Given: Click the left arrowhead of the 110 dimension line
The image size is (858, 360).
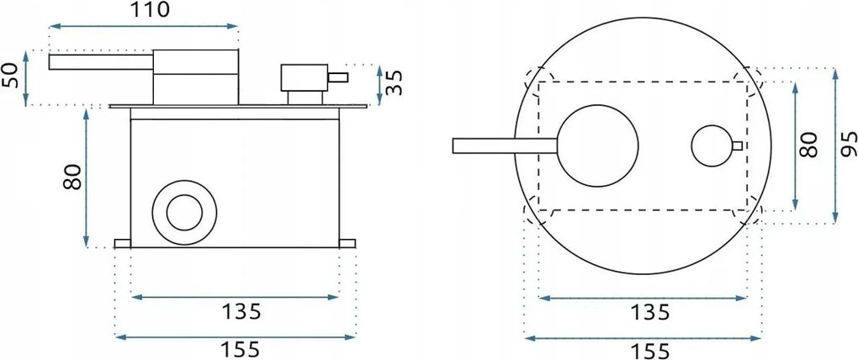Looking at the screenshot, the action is tap(53, 26).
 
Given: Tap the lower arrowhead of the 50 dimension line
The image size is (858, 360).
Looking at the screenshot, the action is tap(26, 101).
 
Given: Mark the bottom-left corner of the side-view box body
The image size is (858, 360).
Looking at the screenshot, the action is tap(130, 248).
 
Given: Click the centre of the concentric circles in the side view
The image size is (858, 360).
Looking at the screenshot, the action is tap(184, 212).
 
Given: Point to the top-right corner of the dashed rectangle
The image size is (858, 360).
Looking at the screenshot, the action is tap(748, 82).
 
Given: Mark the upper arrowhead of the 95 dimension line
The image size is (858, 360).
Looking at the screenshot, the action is tap(834, 73).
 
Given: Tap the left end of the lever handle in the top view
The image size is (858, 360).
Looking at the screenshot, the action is tap(453, 146).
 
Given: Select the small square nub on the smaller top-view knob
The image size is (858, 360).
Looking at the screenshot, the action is tap(738, 146).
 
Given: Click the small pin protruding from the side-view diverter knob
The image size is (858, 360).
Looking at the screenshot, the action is tap(337, 77).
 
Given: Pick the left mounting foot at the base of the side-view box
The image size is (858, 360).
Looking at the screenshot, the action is tap(123, 243).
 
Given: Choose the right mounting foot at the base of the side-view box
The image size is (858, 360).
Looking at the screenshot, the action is tap(347, 243).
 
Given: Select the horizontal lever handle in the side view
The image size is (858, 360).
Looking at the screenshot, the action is tap(101, 62).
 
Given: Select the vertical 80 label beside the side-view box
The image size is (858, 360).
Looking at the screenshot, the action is tap(72, 177).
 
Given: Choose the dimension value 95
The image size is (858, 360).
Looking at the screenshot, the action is tap(848, 145).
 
